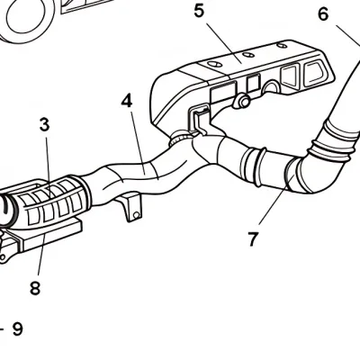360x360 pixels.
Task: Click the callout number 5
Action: click(199, 12)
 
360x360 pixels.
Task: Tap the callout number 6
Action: click(323, 13)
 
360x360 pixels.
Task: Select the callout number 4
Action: click(127, 101)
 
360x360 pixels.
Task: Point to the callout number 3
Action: click(44, 125)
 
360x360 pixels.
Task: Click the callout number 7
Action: click(253, 238)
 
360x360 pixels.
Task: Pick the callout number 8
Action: click(35, 288)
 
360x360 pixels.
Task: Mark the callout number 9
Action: click(17, 328)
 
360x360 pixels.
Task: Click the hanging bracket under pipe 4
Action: click(132, 208)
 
